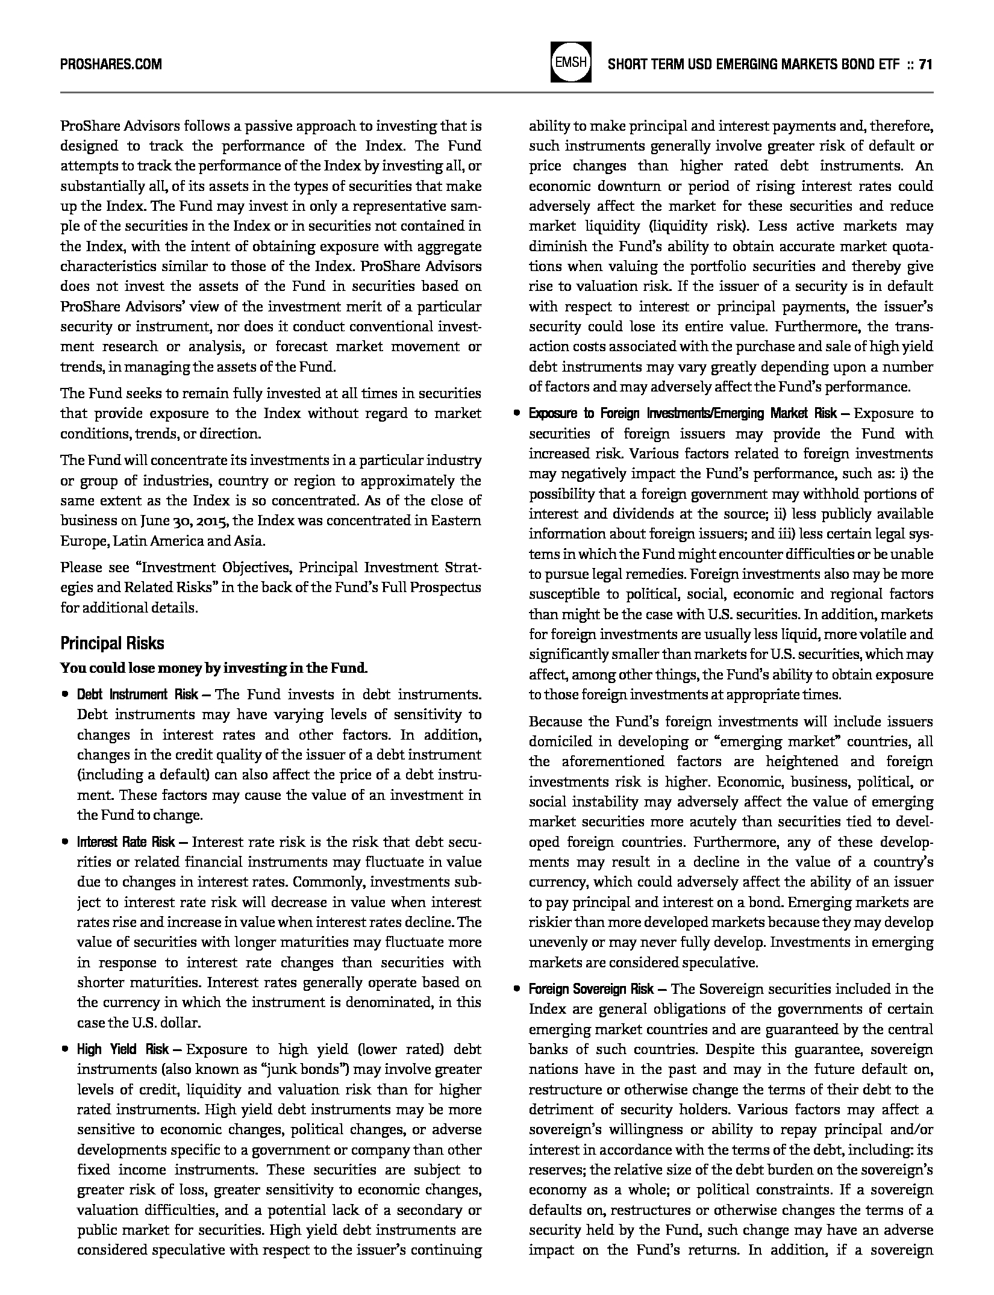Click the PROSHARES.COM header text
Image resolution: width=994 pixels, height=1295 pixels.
coord(111,64)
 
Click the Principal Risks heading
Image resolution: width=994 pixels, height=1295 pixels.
coord(112,643)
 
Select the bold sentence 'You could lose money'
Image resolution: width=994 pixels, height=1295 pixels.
coord(214,668)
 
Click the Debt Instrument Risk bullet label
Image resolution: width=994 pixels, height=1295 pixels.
coord(137,694)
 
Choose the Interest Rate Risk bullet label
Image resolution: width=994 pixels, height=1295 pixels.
coord(126,842)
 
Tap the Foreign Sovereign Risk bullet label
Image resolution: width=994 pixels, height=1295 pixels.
coord(591,989)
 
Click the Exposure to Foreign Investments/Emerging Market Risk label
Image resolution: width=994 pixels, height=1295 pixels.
coord(682,414)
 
